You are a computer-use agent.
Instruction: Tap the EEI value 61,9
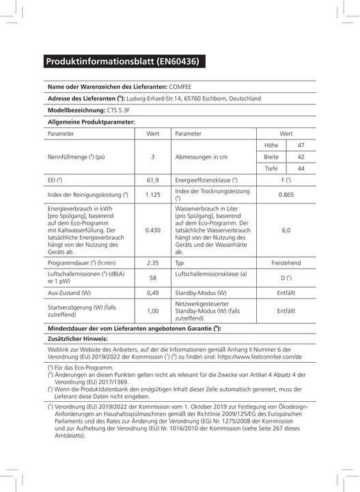[x=152, y=180]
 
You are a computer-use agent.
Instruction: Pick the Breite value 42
[x=301, y=156]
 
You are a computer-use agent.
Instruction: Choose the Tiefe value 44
[x=301, y=168]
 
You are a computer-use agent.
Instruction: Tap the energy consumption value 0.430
[x=152, y=230]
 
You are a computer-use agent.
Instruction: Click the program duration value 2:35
[x=152, y=262]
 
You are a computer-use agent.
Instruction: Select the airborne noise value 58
[x=152, y=277]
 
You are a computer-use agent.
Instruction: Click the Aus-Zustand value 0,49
[x=152, y=292]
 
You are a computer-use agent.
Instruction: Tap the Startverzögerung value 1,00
[x=152, y=310]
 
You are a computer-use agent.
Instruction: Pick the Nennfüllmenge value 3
[x=152, y=156]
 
